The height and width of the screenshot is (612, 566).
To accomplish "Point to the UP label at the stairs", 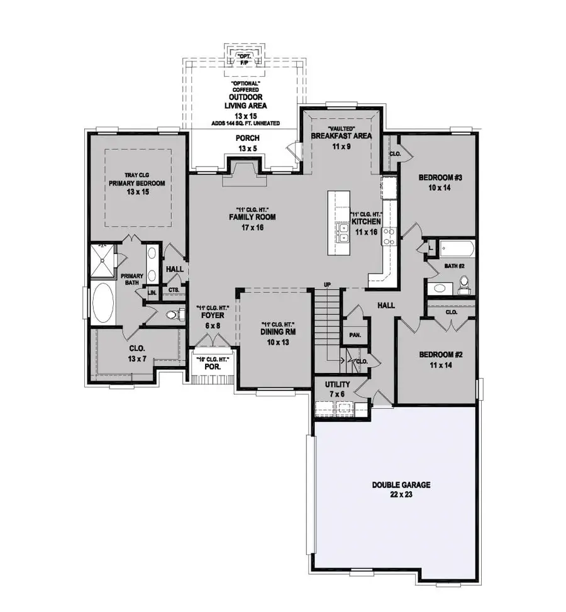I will (326, 285).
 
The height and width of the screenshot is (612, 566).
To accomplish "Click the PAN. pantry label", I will (355, 335).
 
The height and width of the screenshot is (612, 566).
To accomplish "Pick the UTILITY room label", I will (337, 384).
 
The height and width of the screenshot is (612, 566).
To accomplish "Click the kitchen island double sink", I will (343, 236).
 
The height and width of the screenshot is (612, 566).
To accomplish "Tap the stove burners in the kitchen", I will (388, 236).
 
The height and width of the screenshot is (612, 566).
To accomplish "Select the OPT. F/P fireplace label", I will (243, 60).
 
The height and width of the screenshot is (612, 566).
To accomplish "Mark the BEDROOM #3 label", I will (440, 178).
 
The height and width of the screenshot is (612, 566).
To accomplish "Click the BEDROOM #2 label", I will (441, 355).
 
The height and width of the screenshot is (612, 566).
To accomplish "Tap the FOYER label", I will (212, 316).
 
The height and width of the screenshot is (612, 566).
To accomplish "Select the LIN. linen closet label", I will (152, 292).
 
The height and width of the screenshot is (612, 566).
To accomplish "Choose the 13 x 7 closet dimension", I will (136, 358).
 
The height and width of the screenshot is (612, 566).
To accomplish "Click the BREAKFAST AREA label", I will (342, 136).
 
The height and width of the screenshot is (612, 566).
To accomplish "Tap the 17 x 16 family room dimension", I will (245, 228).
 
